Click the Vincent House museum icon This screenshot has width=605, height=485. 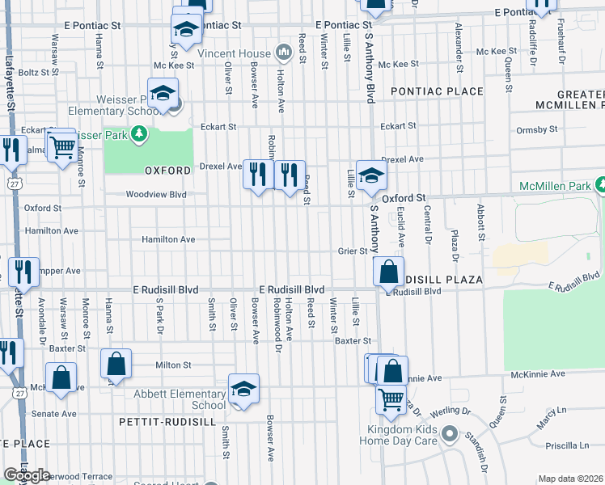[x=283, y=53]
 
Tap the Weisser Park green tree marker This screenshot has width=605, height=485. [x=138, y=133]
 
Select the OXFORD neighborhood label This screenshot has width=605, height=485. [x=167, y=171]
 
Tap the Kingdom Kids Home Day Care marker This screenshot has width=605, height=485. [x=450, y=436]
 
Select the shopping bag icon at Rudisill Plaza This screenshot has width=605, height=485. [x=389, y=272]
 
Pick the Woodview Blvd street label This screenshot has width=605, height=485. [x=155, y=194]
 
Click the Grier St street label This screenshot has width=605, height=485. [x=353, y=251]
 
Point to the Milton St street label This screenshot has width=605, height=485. [x=173, y=365]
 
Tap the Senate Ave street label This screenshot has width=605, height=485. [x=53, y=414]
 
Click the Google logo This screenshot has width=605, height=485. [x=27, y=474]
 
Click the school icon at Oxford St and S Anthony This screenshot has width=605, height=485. [x=370, y=175]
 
